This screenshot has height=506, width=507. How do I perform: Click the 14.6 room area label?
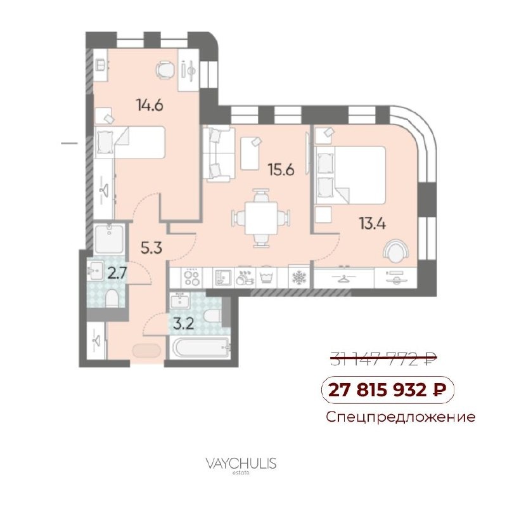click(150, 105)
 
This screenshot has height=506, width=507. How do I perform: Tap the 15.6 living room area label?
click(281, 169)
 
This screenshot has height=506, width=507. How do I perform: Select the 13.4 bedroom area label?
click(373, 223)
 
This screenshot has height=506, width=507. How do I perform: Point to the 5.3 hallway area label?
click(151, 248)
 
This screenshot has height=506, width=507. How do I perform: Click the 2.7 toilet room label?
click(117, 274)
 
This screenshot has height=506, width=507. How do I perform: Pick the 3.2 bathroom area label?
click(183, 323)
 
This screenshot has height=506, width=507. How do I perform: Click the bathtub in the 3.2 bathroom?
click(202, 347)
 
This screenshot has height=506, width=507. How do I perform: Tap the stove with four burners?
click(191, 278)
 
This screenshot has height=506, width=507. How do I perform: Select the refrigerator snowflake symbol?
click(298, 278)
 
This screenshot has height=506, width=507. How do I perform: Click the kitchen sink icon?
click(223, 278)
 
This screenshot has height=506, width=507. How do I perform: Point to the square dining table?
click(261, 218)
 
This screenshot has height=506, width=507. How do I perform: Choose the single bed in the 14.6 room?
click(130, 143)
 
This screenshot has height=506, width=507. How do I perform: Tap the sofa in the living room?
click(218, 153)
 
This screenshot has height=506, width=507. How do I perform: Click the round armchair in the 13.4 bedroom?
click(395, 250)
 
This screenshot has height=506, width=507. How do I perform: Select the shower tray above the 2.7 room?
click(109, 238)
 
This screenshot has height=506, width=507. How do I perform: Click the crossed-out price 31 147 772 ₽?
click(383, 358)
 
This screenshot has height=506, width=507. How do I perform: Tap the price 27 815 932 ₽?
click(387, 389)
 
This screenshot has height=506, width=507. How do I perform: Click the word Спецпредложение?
click(401, 417)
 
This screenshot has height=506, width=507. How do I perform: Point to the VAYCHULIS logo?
click(241, 464)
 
